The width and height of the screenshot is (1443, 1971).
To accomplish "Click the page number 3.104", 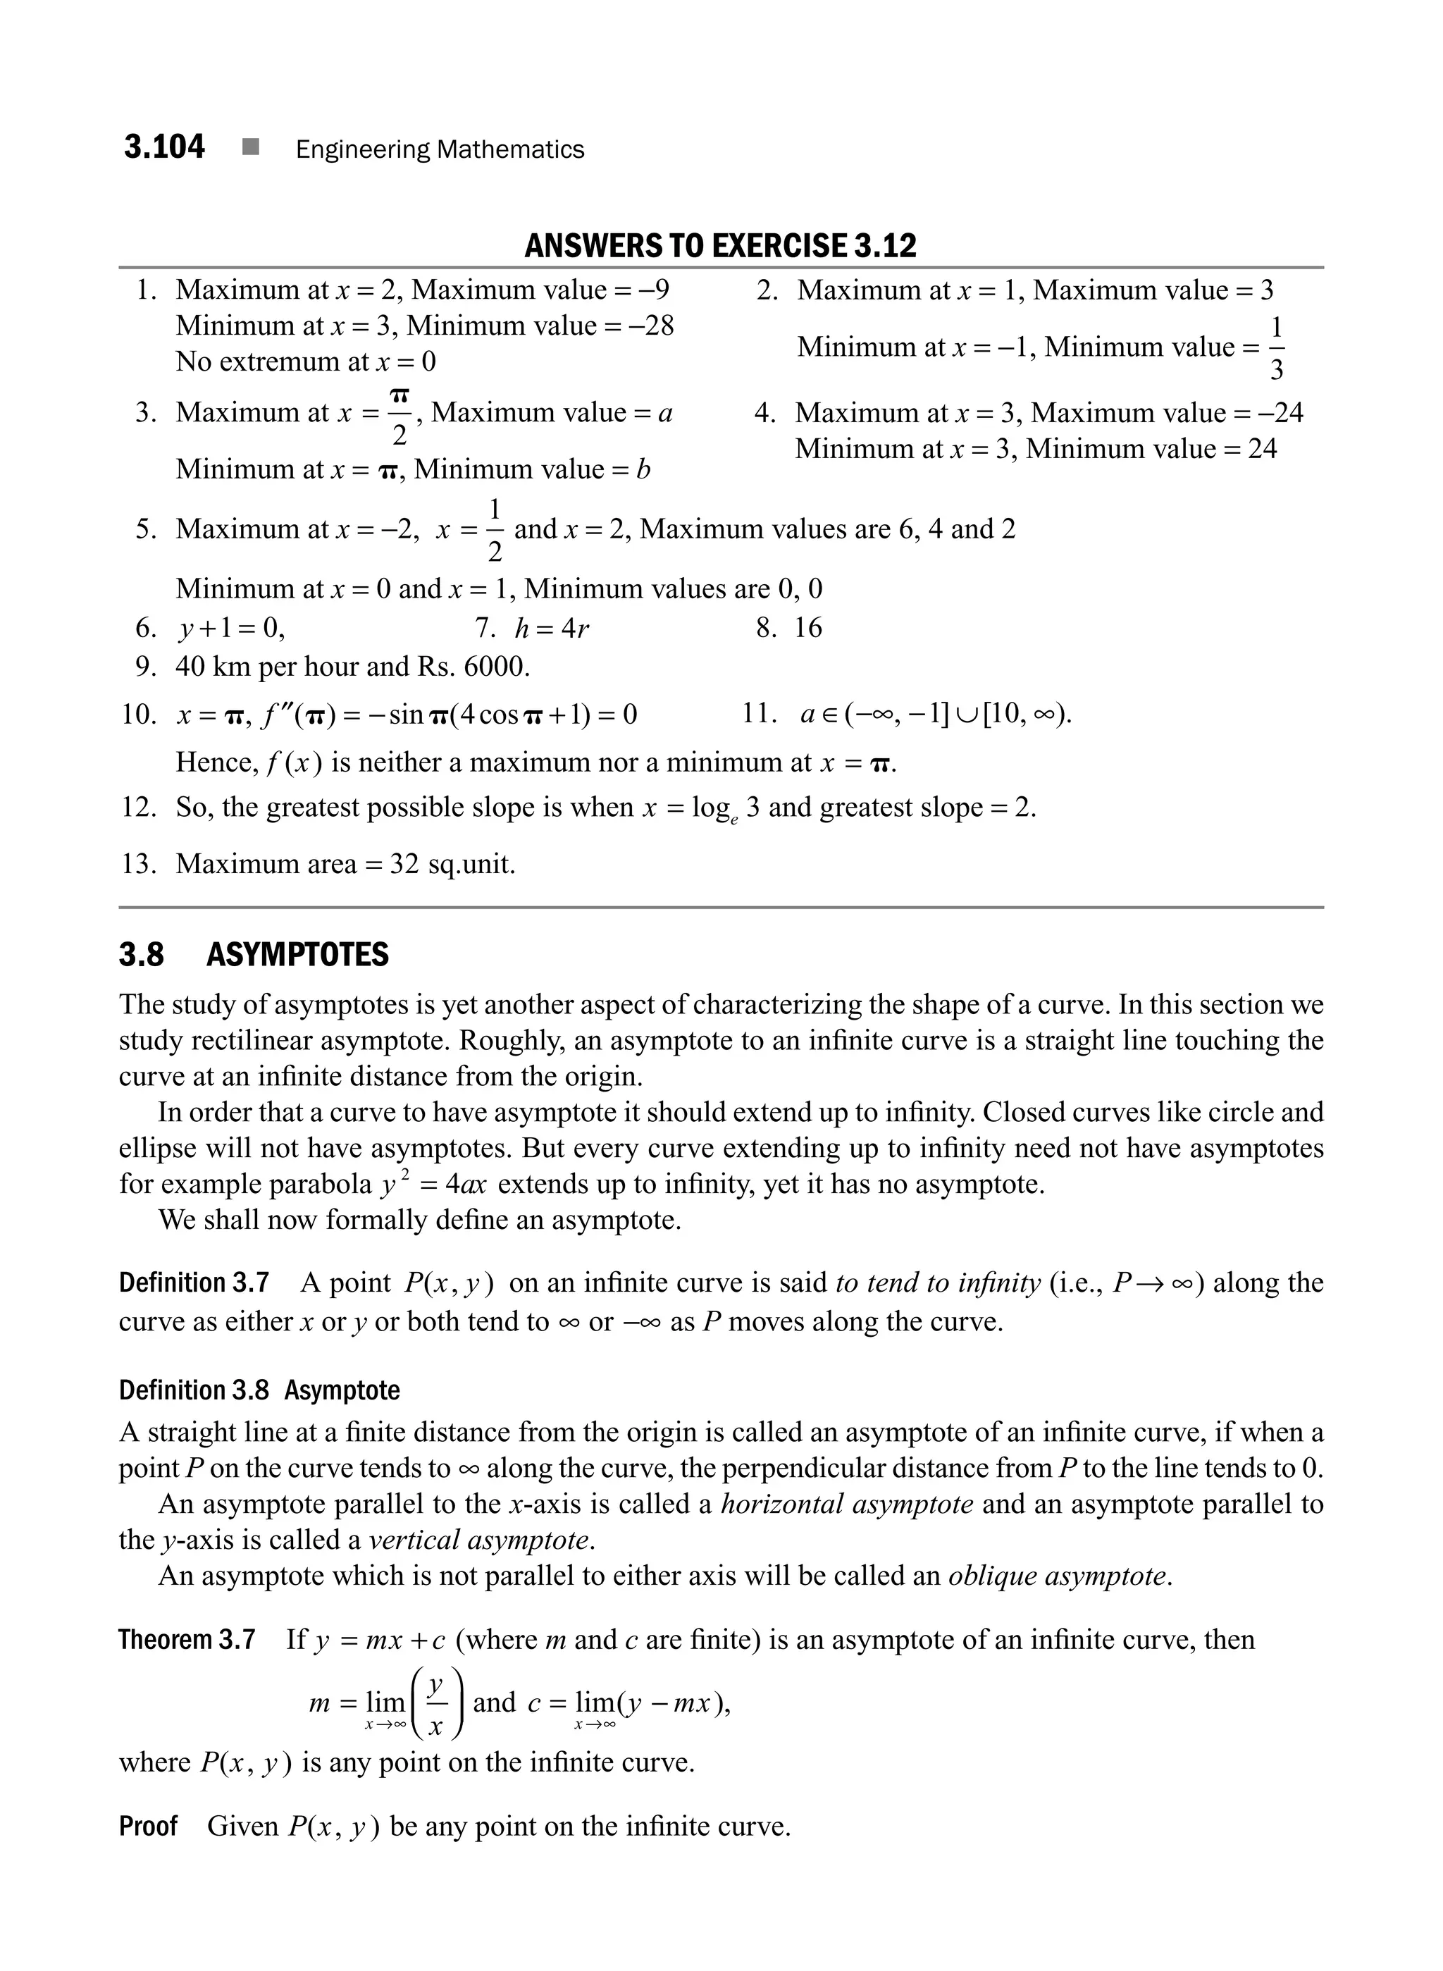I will [x=164, y=147].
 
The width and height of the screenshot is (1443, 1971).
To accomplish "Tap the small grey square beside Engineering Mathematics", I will [x=251, y=148].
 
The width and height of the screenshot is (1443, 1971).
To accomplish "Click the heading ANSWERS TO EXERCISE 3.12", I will [x=721, y=247].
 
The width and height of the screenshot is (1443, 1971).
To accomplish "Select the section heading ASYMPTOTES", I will [x=297, y=955].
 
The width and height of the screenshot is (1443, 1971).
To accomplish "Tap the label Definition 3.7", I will [x=194, y=1283].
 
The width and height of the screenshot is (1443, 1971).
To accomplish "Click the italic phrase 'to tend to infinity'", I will [x=937, y=1283].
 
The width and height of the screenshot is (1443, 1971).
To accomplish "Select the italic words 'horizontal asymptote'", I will [x=846, y=1504].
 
